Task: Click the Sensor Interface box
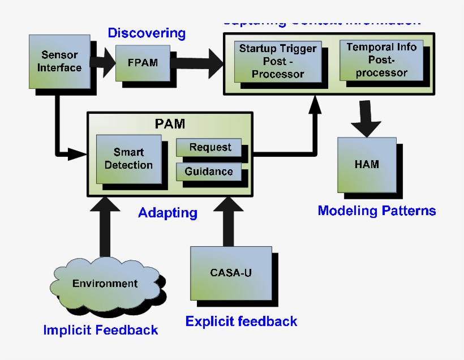tap(59, 62)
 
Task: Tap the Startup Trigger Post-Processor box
tap(278, 61)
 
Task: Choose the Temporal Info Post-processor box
tap(381, 59)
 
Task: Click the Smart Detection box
tap(128, 158)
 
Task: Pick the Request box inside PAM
tap(209, 147)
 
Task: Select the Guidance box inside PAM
tap(208, 171)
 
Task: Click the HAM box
tap(367, 165)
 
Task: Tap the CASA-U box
tap(231, 273)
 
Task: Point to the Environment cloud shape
tap(105, 284)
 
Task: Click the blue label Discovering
tap(147, 33)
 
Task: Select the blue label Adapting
tap(167, 213)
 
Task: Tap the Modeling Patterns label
tap(376, 211)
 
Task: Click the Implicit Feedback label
tap(101, 330)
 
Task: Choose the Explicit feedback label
tap(241, 322)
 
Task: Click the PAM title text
tap(170, 124)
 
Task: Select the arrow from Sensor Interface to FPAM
tap(102, 62)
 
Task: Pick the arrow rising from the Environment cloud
tap(105, 226)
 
